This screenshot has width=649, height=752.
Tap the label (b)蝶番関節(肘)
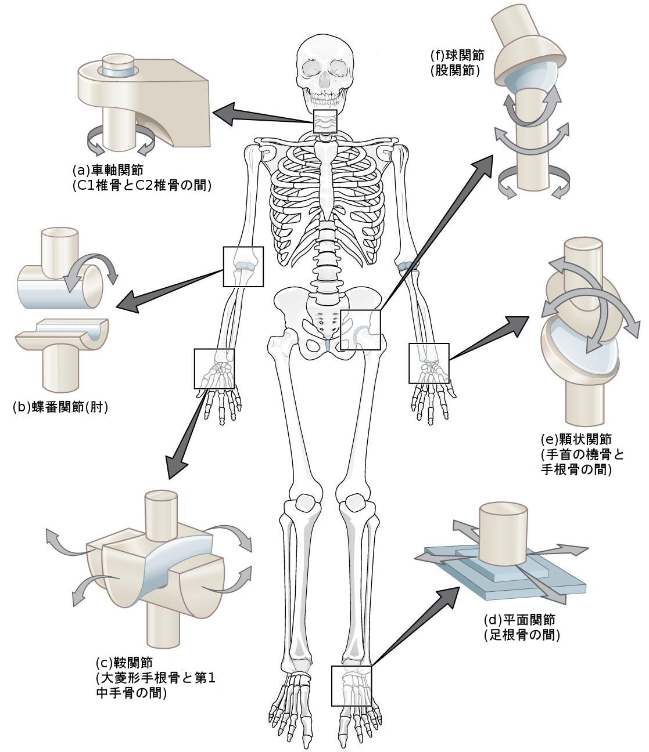pos(60,407)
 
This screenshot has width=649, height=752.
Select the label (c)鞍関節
pos(123,663)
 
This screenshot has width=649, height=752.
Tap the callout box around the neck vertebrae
pos(325,122)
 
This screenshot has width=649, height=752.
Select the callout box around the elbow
pos(243,266)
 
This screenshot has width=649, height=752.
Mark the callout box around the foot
pos(351,685)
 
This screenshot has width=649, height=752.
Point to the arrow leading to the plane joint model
pos(415,624)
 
